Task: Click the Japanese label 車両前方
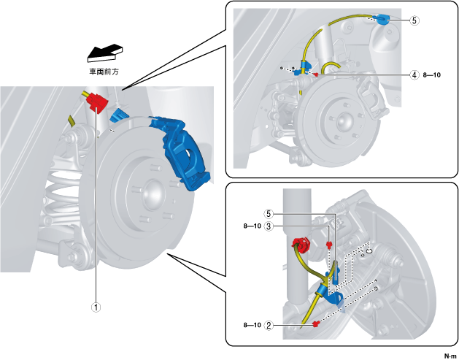104,72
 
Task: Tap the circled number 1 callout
95,307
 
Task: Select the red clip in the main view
95,104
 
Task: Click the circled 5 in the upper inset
414,20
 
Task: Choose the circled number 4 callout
414,75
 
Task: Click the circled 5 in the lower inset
269,214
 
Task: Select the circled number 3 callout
269,226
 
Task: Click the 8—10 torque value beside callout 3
251,226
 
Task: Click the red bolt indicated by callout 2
315,323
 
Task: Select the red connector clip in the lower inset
300,245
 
